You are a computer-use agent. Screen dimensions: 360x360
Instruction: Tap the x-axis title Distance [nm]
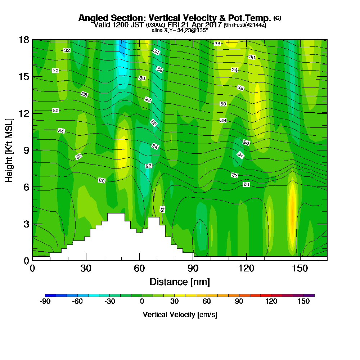[180, 282]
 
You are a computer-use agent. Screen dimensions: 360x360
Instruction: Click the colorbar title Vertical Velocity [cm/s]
[180, 315]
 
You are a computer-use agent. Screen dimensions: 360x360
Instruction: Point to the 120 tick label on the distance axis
[247, 269]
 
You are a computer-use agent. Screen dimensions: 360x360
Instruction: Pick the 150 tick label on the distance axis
[300, 269]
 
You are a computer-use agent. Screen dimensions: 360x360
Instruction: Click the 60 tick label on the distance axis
[139, 269]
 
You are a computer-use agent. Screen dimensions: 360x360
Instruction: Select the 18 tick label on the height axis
[24, 40]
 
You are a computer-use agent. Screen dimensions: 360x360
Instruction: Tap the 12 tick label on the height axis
[24, 113]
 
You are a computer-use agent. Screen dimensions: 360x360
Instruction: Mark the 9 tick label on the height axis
[26, 150]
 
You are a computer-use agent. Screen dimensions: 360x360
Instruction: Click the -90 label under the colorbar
[45, 302]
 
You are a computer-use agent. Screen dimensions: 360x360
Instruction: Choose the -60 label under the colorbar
[77, 302]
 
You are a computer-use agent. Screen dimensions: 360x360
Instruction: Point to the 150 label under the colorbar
[304, 302]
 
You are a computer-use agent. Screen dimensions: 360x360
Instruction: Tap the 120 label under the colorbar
[271, 302]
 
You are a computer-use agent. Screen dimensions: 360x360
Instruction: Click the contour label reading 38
[217, 44]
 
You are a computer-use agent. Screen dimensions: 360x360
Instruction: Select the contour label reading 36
[252, 57]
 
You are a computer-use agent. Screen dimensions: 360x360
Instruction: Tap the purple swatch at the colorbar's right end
[311, 295]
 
